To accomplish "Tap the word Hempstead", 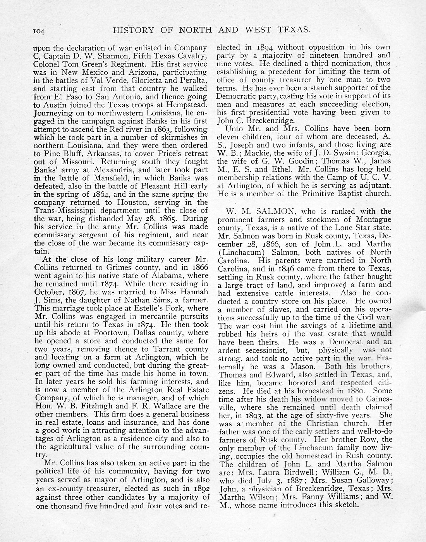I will tap(189, 105).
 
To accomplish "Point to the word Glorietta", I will tap(149, 80).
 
